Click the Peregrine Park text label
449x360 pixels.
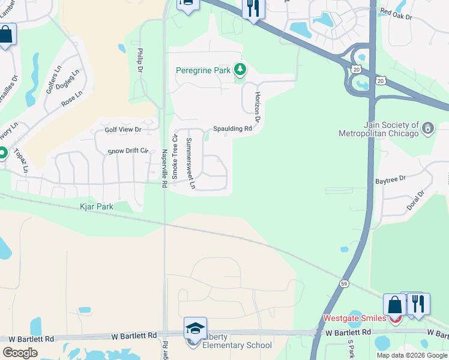click(x=203, y=70)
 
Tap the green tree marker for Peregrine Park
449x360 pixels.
click(x=240, y=70)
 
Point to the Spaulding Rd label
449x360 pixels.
click(x=232, y=129)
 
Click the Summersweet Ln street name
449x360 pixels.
click(x=190, y=164)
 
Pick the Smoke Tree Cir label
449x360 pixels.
click(x=175, y=156)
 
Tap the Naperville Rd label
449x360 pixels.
click(x=163, y=169)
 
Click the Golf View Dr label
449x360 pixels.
click(x=122, y=130)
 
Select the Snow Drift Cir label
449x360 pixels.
click(x=128, y=151)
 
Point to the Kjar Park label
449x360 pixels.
click(x=97, y=206)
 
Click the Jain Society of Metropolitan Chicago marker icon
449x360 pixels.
click(x=427, y=128)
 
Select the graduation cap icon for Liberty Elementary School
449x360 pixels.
click(x=195, y=328)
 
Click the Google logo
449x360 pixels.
click(x=20, y=353)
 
